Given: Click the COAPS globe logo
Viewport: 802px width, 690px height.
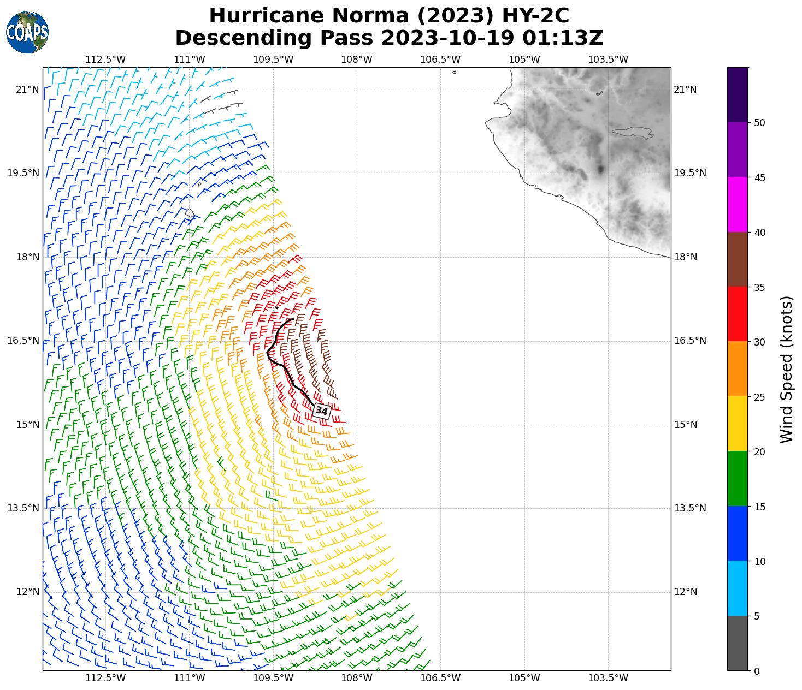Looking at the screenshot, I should tap(27, 33).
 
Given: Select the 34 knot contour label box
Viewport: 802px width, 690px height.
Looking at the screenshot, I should tap(322, 411).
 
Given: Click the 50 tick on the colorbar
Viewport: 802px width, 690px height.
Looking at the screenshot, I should tap(759, 123).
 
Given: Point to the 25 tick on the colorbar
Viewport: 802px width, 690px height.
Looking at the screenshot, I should tap(759, 397).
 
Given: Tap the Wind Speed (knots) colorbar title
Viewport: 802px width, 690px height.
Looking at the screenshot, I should tap(786, 370).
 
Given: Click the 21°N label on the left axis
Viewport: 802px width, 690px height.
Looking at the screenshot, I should tap(27, 90).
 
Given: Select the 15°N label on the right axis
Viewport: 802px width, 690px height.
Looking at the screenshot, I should tap(686, 425).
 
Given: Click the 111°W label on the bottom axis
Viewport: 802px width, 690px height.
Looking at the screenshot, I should tap(189, 679).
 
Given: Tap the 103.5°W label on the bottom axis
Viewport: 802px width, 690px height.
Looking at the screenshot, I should tap(608, 679).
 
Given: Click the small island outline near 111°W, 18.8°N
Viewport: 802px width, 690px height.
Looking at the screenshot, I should tap(190, 213).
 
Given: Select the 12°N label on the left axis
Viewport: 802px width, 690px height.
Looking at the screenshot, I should tap(27, 592).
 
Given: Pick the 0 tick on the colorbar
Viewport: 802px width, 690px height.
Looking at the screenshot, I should tap(757, 671).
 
